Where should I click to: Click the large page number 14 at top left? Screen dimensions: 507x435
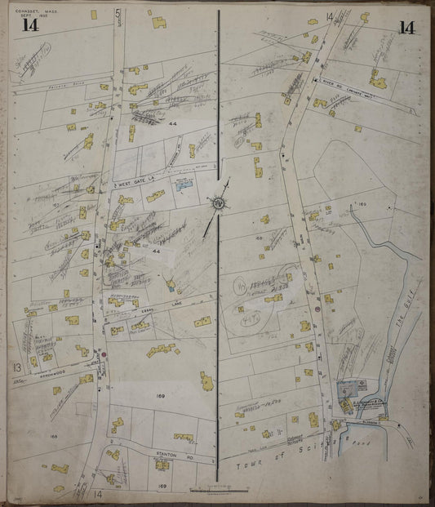31,24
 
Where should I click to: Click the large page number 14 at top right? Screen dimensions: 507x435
406,27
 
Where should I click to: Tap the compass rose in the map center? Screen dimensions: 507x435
219,202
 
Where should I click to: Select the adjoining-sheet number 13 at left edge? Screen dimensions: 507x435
16,367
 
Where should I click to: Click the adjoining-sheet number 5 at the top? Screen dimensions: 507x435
118,13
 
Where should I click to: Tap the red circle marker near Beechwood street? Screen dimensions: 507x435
104,355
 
